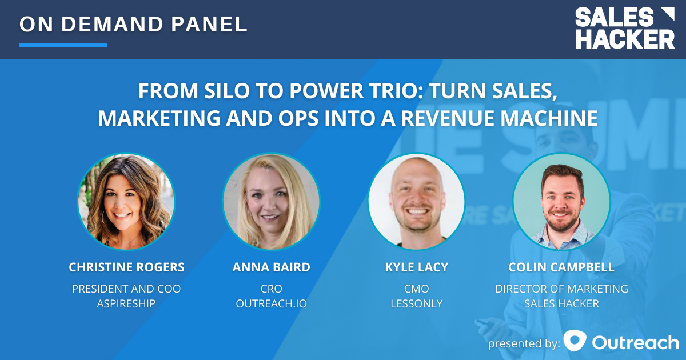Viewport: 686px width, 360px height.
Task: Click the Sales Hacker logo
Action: [x=624, y=29]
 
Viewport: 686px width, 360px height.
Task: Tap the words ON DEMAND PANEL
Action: [x=133, y=24]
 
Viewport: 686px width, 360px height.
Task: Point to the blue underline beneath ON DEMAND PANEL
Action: [x=63, y=45]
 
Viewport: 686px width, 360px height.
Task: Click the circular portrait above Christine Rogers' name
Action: [x=126, y=202]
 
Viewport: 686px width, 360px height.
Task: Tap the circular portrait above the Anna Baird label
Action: [x=271, y=202]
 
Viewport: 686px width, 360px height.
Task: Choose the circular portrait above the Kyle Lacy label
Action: [x=416, y=202]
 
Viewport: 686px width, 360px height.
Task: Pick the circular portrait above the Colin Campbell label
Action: [x=561, y=202]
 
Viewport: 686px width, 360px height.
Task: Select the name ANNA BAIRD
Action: [x=271, y=267]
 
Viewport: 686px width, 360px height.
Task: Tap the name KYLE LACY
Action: [x=416, y=267]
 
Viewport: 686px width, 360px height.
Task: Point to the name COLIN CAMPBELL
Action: [x=561, y=267]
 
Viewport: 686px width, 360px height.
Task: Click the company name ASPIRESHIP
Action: [x=126, y=303]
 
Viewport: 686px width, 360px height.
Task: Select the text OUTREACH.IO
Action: [x=271, y=303]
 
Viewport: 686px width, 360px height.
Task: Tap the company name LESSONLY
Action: [x=416, y=303]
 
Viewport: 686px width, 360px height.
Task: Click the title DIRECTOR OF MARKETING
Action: [x=561, y=289]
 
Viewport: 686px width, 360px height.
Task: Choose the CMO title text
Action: [x=416, y=289]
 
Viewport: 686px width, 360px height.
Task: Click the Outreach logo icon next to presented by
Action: [x=575, y=341]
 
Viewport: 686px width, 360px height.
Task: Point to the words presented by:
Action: [x=523, y=343]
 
